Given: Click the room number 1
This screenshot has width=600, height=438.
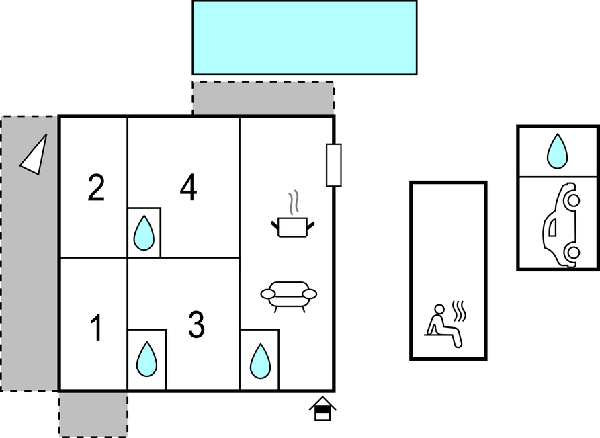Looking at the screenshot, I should (x=97, y=328).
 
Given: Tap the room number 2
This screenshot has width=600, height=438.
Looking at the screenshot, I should (x=96, y=188).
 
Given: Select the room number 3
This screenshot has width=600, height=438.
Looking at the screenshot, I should (x=196, y=325).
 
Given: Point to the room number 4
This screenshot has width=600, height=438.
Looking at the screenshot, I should (x=188, y=188).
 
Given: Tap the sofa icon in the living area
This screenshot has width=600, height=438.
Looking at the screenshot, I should (x=289, y=296).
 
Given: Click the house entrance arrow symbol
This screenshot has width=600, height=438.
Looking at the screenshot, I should (x=323, y=408).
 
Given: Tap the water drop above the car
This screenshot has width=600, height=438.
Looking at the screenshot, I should (x=557, y=151).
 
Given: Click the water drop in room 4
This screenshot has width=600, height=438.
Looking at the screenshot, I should (x=144, y=233).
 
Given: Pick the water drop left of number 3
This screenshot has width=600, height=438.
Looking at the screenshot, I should (x=146, y=359).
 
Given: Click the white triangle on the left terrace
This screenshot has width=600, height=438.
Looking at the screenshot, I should (x=35, y=155).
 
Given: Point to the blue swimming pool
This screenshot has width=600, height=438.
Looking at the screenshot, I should (x=304, y=37).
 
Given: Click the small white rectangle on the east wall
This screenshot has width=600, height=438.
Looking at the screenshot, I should (x=334, y=165).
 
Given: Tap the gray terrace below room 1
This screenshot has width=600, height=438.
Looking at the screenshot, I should (x=93, y=414).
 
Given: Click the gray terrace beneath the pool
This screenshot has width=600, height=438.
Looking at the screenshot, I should (x=263, y=98).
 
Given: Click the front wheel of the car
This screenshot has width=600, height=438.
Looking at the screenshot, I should (x=572, y=200).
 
